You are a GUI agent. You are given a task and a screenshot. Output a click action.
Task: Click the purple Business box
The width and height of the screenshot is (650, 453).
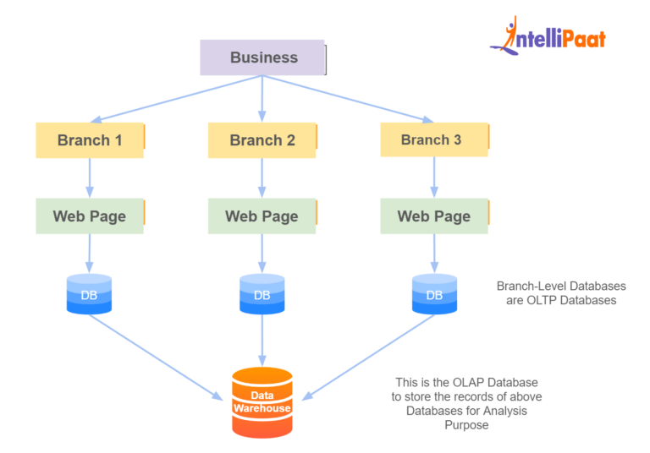pyautogui.click(x=262, y=57)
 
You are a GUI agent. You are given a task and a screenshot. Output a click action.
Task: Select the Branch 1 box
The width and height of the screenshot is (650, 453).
pyautogui.click(x=90, y=140)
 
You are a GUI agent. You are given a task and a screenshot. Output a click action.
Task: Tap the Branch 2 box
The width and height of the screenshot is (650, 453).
pyautogui.click(x=262, y=140)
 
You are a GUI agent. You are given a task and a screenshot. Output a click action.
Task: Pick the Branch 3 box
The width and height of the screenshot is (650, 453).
pyautogui.click(x=433, y=139)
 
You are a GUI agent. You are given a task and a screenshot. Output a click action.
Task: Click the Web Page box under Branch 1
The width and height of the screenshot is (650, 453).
pyautogui.click(x=90, y=216)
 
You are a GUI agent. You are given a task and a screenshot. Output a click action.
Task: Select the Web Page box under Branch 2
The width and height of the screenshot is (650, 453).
pyautogui.click(x=262, y=216)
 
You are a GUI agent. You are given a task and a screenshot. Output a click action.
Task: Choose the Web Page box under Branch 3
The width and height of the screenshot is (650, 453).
pyautogui.click(x=433, y=216)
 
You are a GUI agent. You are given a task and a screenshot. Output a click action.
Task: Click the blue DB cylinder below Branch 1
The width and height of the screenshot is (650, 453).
pyautogui.click(x=89, y=294)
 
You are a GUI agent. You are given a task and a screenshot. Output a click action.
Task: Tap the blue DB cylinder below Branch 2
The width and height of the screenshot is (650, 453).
pyautogui.click(x=262, y=294)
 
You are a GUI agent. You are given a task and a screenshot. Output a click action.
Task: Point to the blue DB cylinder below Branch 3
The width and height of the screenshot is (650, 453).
pyautogui.click(x=433, y=294)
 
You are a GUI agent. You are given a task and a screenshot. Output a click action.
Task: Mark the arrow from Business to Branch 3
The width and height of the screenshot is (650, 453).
pyautogui.click(x=348, y=99)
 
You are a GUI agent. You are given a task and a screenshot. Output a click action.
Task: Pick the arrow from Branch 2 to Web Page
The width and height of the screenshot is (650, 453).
pyautogui.click(x=262, y=178)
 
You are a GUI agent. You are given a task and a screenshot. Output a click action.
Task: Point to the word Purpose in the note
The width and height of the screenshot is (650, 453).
pyautogui.click(x=467, y=425)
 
